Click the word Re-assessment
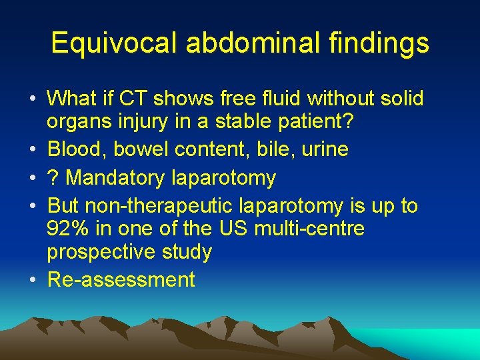121,279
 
